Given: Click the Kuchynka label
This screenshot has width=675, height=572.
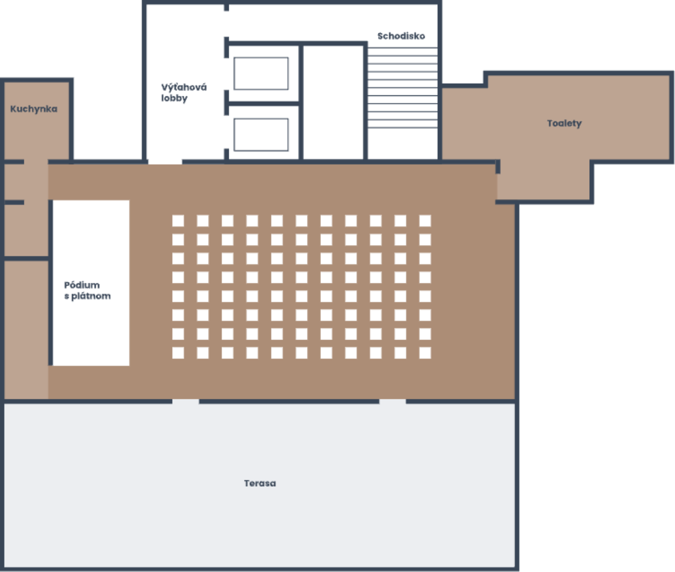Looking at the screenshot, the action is (x=34, y=109).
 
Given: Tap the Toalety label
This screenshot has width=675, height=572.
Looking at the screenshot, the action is (x=564, y=123).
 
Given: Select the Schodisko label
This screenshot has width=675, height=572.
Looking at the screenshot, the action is (x=401, y=36).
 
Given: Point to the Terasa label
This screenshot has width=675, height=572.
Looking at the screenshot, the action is (x=260, y=483).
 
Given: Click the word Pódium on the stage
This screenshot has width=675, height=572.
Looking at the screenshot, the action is (x=82, y=285).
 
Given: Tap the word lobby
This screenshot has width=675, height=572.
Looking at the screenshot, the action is (x=174, y=99).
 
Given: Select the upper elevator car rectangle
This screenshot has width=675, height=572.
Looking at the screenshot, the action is (x=261, y=74).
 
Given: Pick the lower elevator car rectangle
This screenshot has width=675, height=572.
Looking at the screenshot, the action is (x=261, y=135).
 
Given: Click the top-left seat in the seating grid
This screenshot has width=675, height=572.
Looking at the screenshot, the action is (x=178, y=221).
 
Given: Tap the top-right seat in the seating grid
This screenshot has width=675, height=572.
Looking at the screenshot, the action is (x=425, y=221).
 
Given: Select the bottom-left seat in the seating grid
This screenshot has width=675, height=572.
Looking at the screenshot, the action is (x=178, y=353).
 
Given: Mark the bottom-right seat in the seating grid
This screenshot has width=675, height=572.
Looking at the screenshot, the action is (x=425, y=353).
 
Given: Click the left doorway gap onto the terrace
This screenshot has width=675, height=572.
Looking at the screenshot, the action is (x=185, y=401).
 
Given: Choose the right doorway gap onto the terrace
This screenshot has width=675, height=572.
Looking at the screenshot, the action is (x=392, y=401).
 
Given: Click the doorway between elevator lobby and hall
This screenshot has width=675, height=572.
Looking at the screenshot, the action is (x=165, y=162).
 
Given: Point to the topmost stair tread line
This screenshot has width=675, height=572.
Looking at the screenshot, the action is (x=403, y=48).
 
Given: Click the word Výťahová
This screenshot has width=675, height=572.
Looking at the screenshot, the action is (x=184, y=87).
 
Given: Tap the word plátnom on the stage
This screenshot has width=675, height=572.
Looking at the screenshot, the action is (x=91, y=296).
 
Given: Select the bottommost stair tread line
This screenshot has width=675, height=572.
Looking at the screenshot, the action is (x=403, y=128).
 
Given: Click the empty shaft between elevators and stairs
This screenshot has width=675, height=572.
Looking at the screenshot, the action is (x=334, y=103).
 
